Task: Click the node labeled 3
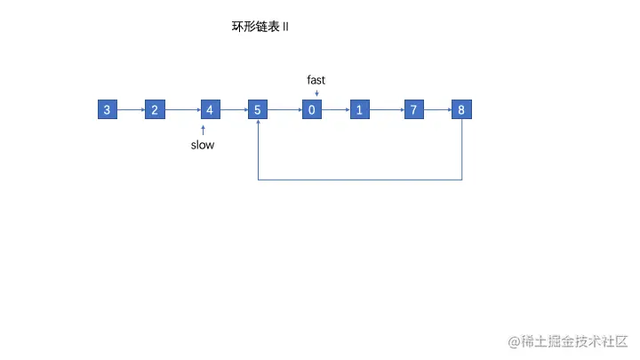click(x=108, y=110)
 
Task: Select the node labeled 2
click(x=155, y=110)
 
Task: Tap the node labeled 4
click(x=210, y=110)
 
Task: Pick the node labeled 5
click(x=258, y=110)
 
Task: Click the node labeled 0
click(x=312, y=110)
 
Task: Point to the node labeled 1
click(x=359, y=110)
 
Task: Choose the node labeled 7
click(x=414, y=110)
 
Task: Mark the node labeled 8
click(x=462, y=110)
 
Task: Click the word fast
click(x=316, y=80)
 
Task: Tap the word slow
click(x=203, y=145)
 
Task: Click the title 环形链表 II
click(x=260, y=27)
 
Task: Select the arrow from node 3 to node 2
click(x=131, y=110)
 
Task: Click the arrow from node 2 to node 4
click(x=182, y=110)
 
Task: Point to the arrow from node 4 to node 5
click(x=234, y=110)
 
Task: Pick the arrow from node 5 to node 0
click(x=284, y=110)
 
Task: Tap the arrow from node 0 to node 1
click(x=335, y=110)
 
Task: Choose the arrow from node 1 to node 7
click(x=387, y=110)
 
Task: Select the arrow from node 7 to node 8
click(x=438, y=110)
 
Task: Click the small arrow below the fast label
click(x=316, y=92)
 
